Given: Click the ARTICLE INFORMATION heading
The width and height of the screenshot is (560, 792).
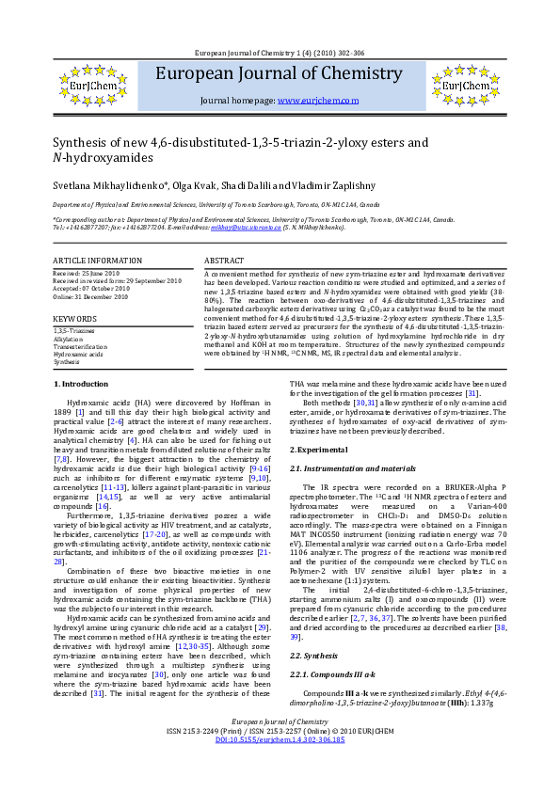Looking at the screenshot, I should (x=97, y=260).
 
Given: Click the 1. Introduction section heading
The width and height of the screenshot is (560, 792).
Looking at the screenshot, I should (x=80, y=410).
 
